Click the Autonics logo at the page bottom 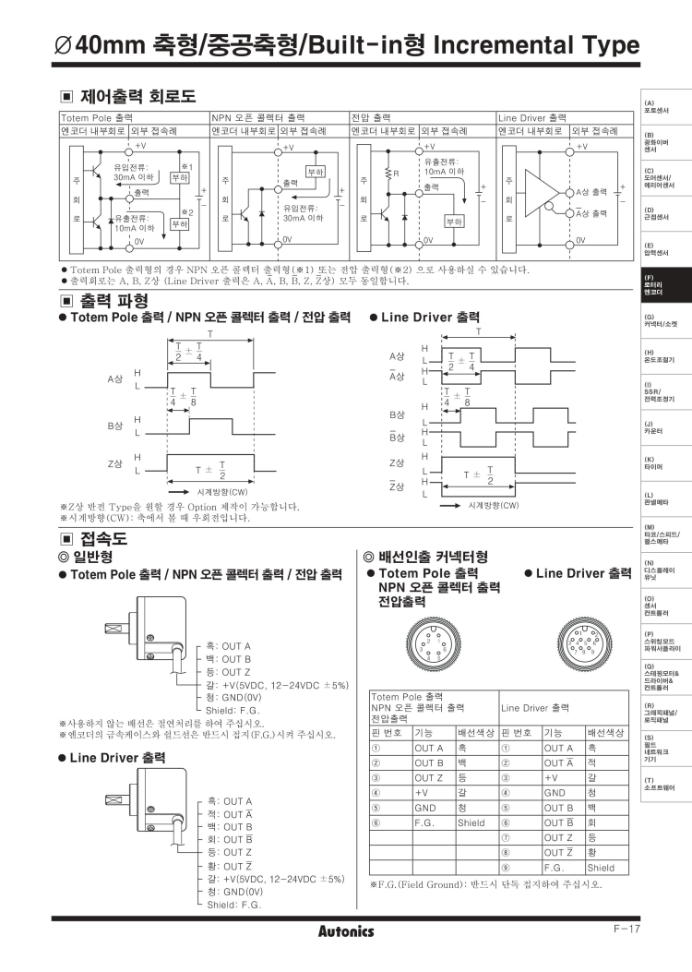pyautogui.click(x=346, y=930)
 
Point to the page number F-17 pyautogui.click(x=626, y=928)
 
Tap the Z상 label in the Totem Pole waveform pyautogui.click(x=115, y=463)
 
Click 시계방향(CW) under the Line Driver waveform pyautogui.click(x=494, y=505)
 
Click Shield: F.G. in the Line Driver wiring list pyautogui.click(x=234, y=905)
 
